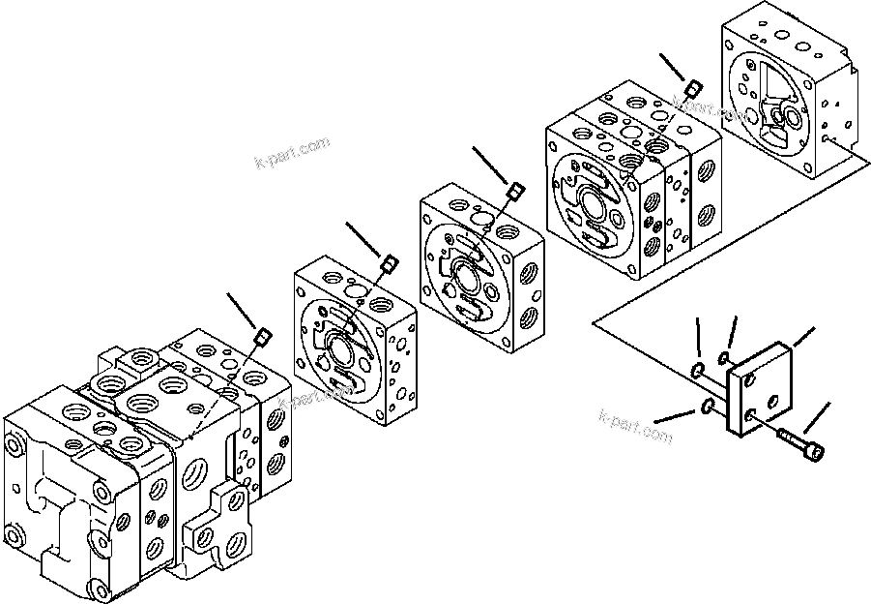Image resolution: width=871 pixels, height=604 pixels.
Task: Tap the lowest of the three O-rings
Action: coord(709,407)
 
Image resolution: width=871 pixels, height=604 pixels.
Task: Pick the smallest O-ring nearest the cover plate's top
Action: coord(725,359)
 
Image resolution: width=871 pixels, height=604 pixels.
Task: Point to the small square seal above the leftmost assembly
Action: coord(260,337)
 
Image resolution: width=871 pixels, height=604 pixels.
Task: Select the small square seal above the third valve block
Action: coord(515,191)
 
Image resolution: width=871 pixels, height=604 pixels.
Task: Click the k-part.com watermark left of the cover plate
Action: coord(634,428)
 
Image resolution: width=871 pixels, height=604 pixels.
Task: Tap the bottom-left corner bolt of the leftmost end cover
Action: coord(16,533)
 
